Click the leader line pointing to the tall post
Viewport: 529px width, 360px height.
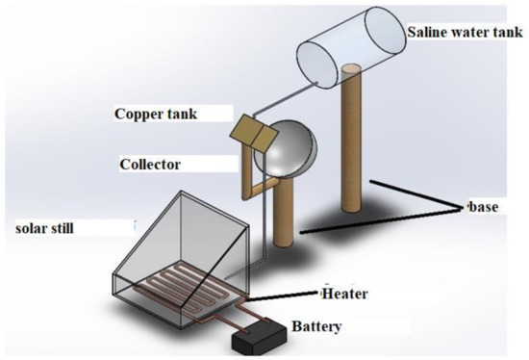pos(414,193)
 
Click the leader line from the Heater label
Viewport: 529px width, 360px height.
pos(289,295)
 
